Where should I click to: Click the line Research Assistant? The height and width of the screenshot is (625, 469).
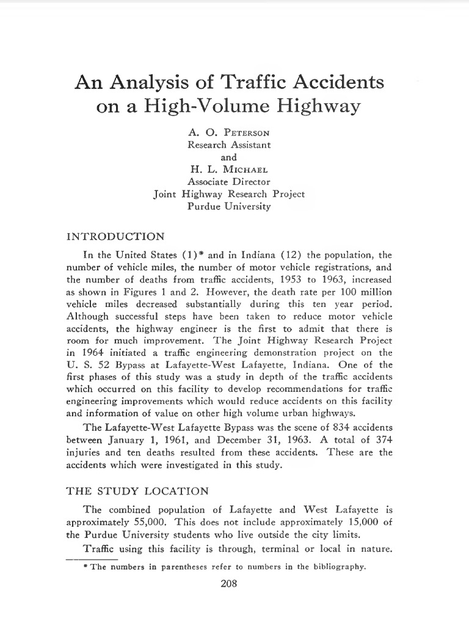click(x=228, y=145)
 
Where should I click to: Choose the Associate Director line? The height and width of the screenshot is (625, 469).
click(x=228, y=181)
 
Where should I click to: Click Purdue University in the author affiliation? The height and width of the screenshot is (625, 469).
click(x=228, y=206)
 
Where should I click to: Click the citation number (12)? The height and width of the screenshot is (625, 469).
click(x=289, y=254)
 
